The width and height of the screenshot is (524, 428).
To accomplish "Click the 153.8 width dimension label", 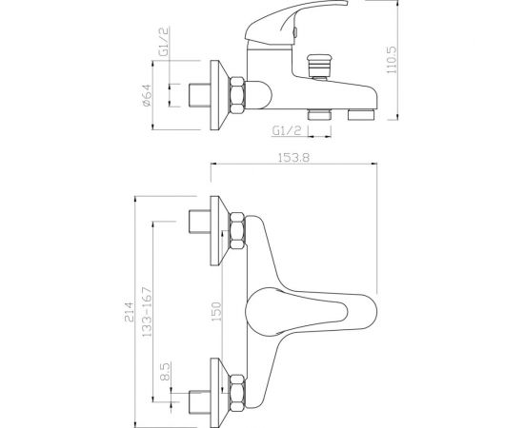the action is pos(293,157).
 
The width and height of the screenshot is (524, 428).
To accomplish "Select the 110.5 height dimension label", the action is pos(392,60).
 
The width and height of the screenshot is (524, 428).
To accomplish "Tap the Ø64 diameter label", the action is pos(147,95).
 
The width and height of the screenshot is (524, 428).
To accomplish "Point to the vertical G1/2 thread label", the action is pos(164,42).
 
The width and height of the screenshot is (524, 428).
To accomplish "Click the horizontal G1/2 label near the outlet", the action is pos(287,130).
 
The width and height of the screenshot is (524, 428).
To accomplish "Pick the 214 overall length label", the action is pos(129,312).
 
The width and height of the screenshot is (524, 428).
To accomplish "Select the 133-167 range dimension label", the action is pos(147,312).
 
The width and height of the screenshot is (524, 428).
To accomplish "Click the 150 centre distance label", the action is pos(217,312).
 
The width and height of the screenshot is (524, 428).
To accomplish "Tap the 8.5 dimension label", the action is pos(166,372).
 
